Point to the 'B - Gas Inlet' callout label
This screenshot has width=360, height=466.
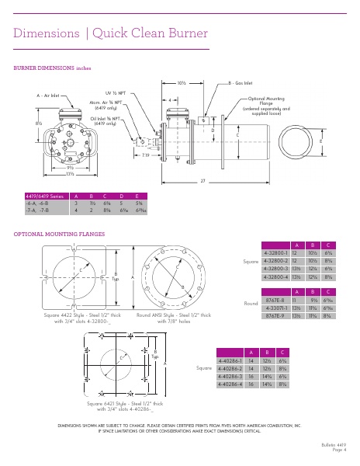pyautogui.click(x=243, y=82)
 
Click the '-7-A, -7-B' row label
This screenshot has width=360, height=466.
pyautogui.click(x=37, y=210)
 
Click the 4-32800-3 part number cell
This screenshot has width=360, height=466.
pyautogui.click(x=275, y=268)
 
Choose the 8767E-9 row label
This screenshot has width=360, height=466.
pyautogui.click(x=275, y=317)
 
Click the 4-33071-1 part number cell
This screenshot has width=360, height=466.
pyautogui.click(x=275, y=308)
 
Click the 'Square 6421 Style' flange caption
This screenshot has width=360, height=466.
pyautogui.click(x=125, y=404)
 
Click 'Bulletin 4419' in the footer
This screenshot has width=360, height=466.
pyautogui.click(x=331, y=443)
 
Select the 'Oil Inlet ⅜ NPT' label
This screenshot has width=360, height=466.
pyautogui.click(x=109, y=118)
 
